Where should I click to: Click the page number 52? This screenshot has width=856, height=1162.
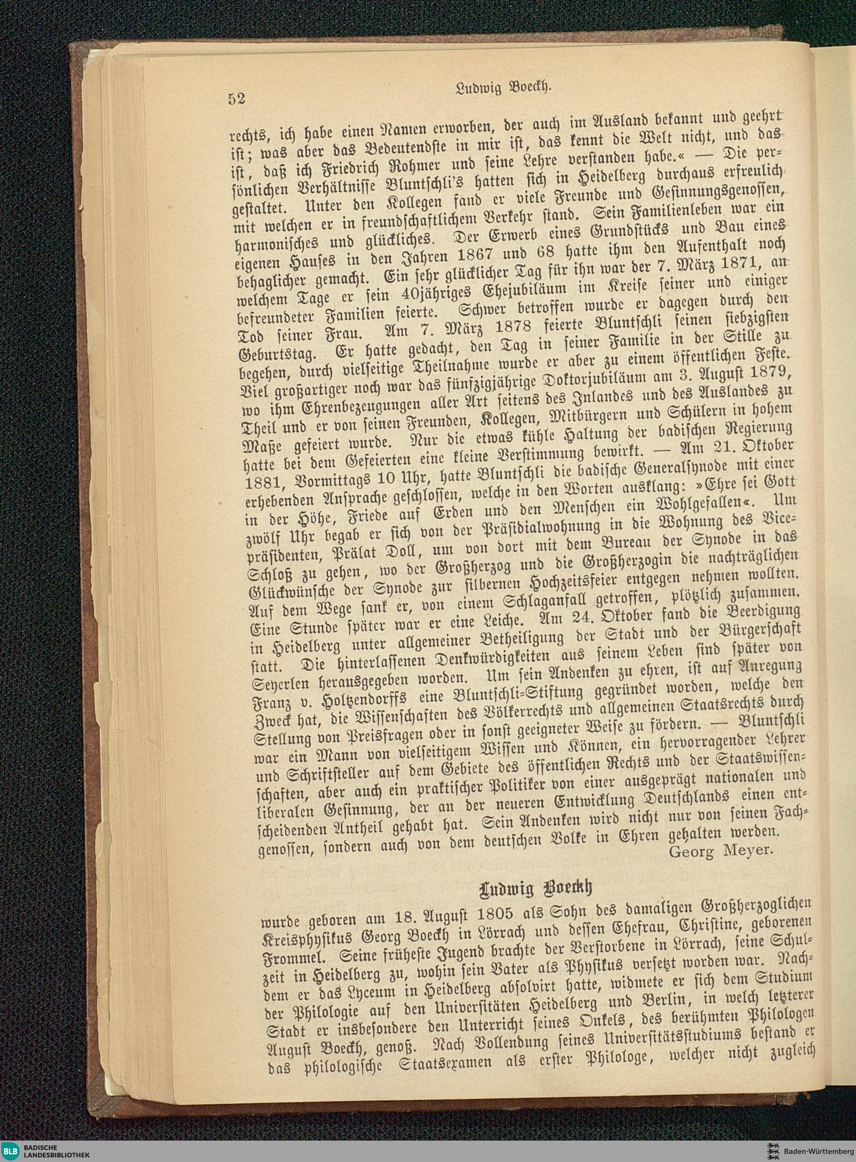click(236, 98)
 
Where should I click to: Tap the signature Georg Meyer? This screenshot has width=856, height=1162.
click(721, 852)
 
